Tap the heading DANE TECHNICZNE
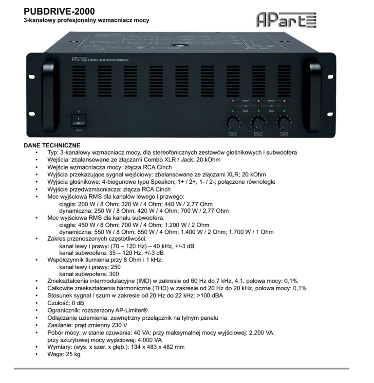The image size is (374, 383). tap(52, 145)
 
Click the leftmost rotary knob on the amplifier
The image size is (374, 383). tap(231, 122)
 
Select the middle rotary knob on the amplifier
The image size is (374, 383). tap(257, 122)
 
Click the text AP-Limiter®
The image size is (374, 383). tap(129, 310)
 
